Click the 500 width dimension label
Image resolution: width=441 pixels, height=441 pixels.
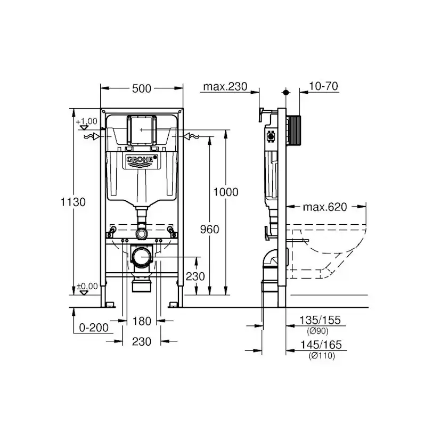[x=141, y=88]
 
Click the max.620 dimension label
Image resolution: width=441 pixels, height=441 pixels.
[x=325, y=207]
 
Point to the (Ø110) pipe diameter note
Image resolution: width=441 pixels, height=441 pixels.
[x=321, y=356]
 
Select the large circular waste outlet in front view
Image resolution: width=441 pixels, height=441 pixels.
[x=142, y=258]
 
